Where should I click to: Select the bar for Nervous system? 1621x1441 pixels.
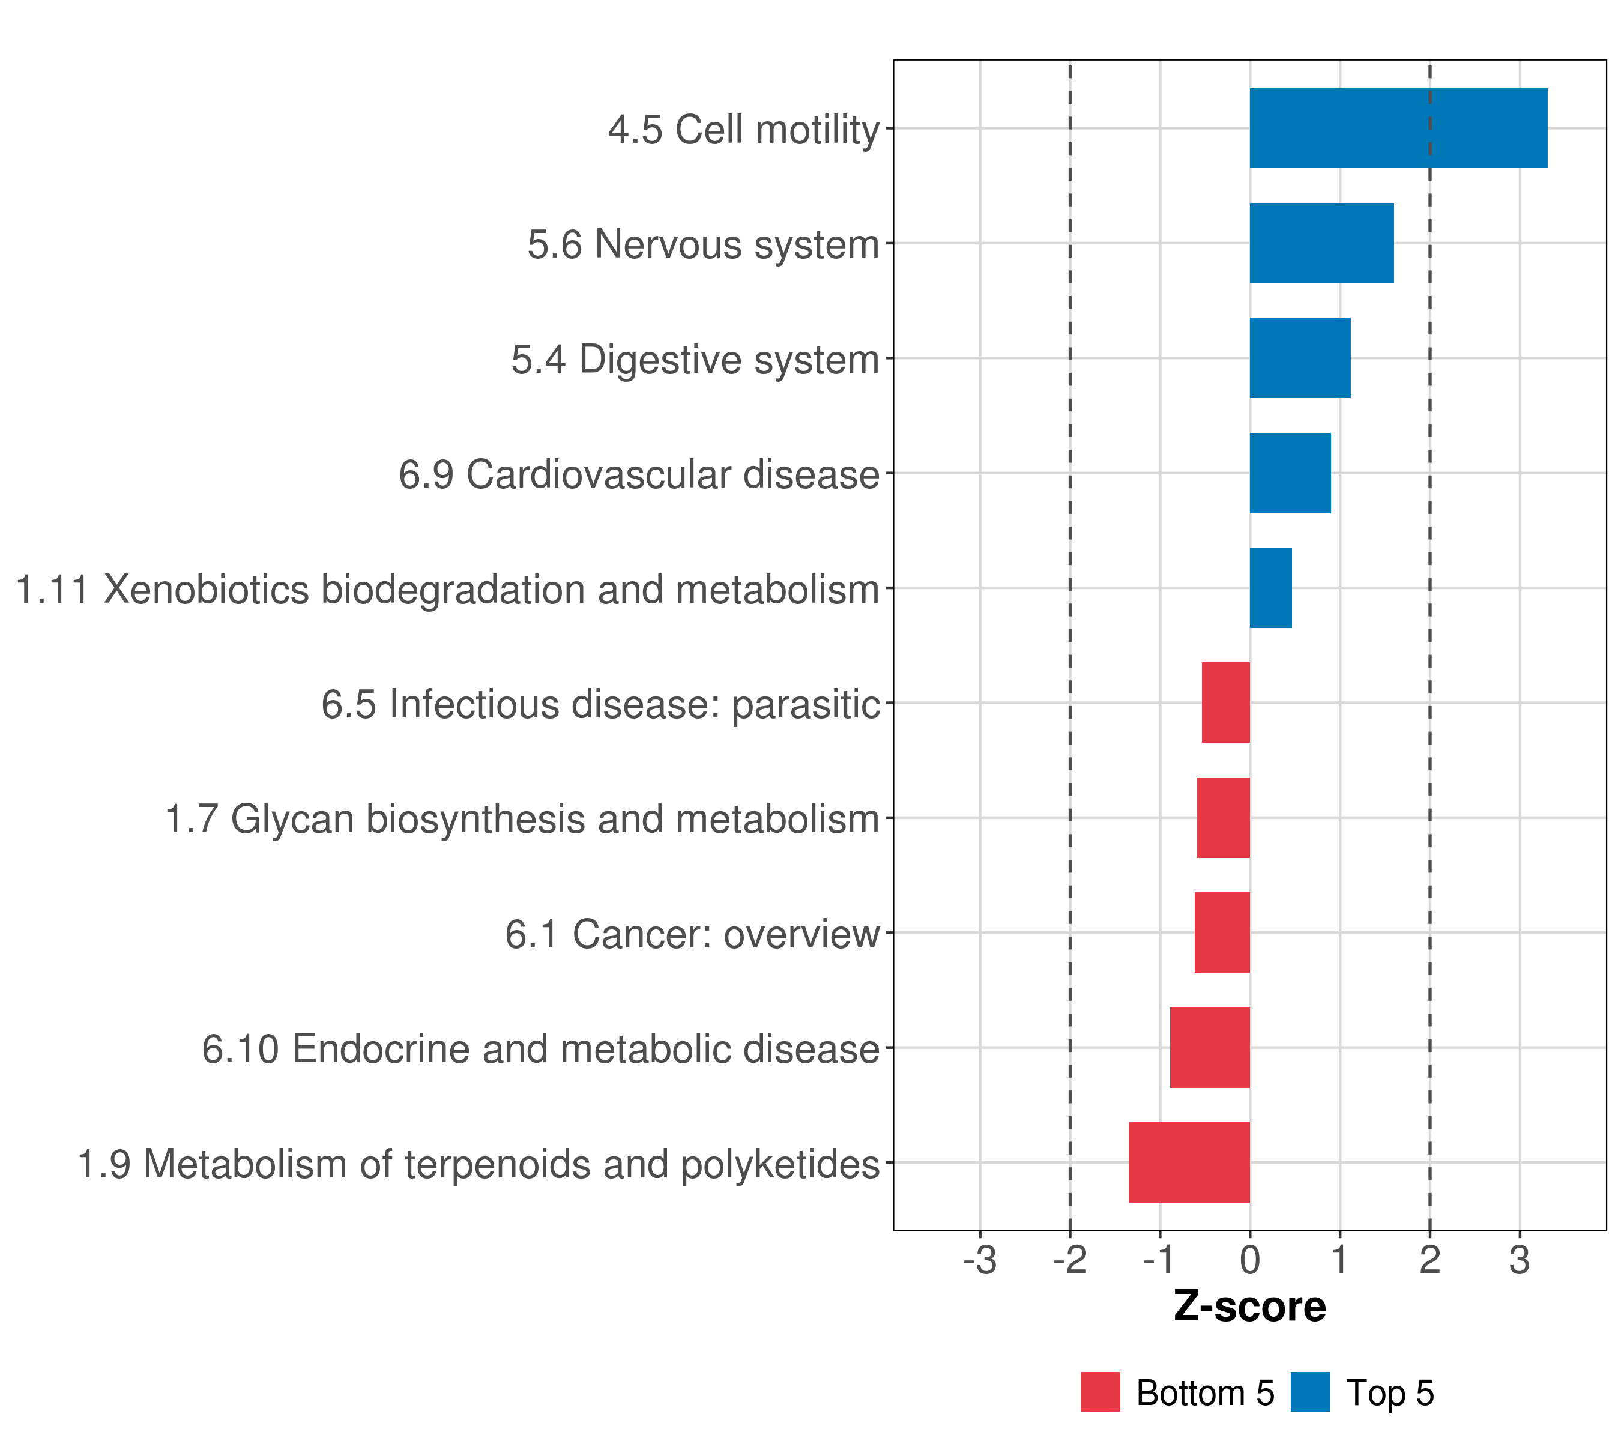1321,244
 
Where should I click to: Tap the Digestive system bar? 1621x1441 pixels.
1300,358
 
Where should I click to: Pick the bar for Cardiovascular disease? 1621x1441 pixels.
1290,474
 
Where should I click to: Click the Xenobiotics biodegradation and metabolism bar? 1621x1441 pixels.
1270,588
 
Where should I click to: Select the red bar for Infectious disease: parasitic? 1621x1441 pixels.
1225,702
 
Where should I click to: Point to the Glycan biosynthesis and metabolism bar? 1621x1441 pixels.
1223,818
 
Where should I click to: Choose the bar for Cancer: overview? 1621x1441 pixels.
1222,932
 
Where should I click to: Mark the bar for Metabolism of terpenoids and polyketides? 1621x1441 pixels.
1189,1162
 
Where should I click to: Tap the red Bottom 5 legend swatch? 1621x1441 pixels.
1100,1392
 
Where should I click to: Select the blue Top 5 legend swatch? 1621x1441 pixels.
1310,1392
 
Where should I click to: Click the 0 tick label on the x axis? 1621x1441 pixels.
1250,1260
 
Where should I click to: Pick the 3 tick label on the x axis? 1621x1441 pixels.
1520,1260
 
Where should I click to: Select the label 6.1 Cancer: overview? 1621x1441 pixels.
692,934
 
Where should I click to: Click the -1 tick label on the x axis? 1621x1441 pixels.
1159,1260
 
